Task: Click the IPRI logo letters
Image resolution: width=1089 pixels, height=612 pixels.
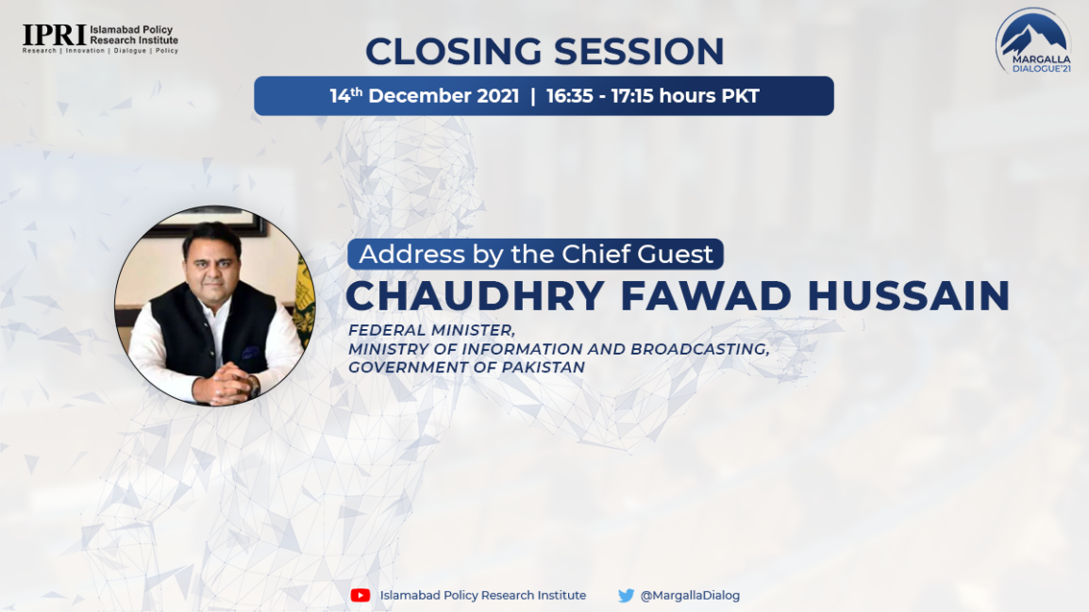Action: click(54, 35)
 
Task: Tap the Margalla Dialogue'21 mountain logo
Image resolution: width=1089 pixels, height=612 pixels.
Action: click(1033, 41)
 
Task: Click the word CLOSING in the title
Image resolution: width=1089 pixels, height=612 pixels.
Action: click(454, 51)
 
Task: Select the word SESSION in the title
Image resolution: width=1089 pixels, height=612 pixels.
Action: click(639, 51)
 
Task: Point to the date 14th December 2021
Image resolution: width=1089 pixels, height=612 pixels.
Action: click(425, 96)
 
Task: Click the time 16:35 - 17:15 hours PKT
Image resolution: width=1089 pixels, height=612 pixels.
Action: click(653, 96)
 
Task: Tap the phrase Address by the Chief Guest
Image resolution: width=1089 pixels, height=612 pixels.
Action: click(535, 254)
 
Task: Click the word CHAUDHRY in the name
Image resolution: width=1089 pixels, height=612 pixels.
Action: click(475, 295)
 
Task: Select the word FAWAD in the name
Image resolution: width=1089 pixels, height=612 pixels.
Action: click(706, 295)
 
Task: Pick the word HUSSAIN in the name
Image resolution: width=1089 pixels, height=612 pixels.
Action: click(909, 295)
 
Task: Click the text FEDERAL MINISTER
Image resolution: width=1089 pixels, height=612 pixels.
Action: click(431, 330)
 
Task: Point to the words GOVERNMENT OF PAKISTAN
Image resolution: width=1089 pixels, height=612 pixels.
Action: click(467, 367)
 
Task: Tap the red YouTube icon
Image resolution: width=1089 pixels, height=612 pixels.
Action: click(360, 595)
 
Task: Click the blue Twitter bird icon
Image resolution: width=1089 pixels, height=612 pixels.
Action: click(626, 595)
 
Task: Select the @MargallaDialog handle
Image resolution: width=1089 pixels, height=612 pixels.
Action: click(690, 595)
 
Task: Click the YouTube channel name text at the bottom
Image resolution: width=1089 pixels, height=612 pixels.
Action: click(482, 595)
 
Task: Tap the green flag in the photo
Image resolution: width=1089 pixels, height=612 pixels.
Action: click(305, 298)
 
